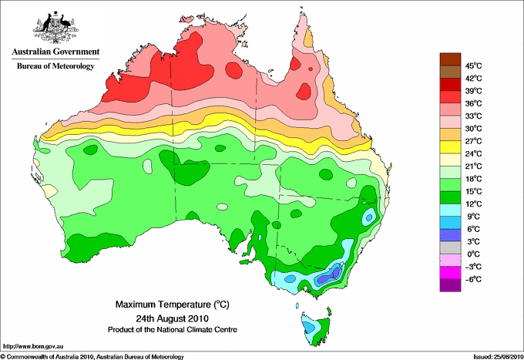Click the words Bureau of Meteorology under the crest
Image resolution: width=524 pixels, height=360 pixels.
pyautogui.click(x=55, y=66)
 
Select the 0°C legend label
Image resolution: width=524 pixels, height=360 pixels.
pyautogui.click(x=471, y=254)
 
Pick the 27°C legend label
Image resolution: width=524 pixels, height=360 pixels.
pyautogui.click(x=472, y=140)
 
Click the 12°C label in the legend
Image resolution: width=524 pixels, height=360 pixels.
pyautogui.click(x=472, y=204)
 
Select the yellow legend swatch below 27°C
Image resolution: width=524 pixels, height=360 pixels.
pyautogui.click(x=449, y=147)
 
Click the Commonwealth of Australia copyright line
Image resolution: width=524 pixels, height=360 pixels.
pyautogui.click(x=92, y=356)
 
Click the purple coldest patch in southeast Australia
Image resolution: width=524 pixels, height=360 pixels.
pyautogui.click(x=334, y=272)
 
